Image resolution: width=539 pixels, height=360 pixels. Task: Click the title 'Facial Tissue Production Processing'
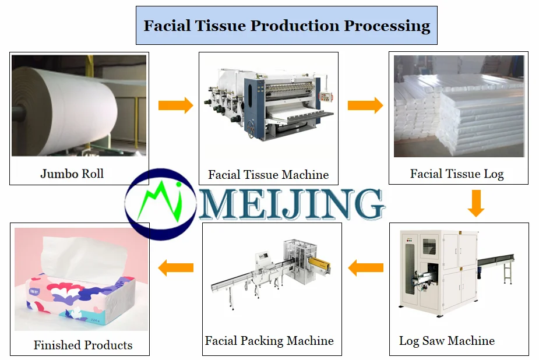point(287,26)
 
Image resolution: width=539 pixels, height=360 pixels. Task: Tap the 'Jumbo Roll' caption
point(72,174)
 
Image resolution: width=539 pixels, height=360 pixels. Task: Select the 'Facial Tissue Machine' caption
point(268,174)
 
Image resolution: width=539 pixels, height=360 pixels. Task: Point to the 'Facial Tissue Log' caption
point(456,174)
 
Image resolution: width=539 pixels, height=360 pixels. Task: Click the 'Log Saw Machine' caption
point(446,341)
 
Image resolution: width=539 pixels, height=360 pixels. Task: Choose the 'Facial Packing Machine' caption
point(269,341)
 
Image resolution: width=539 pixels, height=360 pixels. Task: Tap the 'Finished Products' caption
point(83,345)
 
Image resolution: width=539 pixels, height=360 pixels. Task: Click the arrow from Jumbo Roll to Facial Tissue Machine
point(175,105)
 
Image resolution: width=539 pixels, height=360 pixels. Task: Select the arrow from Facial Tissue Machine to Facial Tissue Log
point(365,105)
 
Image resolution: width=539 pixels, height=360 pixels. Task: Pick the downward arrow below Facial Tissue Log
point(476,203)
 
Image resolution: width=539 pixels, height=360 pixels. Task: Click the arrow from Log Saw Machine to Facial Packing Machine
point(365,268)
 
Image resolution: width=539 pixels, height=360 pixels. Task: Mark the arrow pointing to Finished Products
point(175,268)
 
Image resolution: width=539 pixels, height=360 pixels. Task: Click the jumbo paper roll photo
point(79,105)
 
